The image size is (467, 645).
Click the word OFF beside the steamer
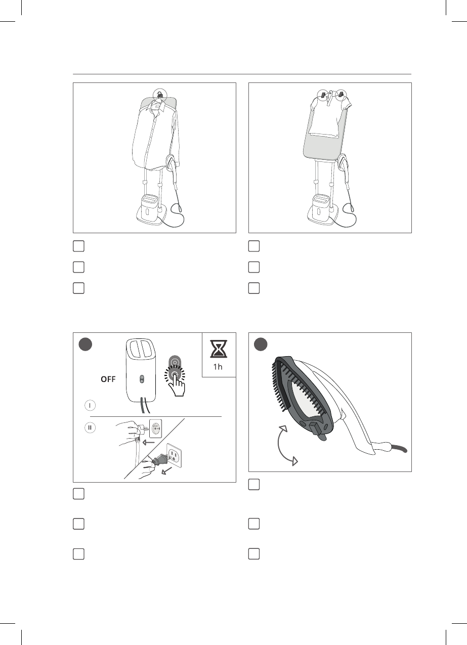click(x=108, y=379)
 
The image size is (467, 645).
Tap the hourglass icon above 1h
click(x=219, y=349)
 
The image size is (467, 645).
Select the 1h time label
click(x=218, y=367)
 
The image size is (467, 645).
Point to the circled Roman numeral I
click(x=90, y=405)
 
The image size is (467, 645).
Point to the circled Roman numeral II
click(x=90, y=427)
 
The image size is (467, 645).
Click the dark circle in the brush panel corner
click(x=261, y=345)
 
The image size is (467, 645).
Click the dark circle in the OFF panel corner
click(x=85, y=345)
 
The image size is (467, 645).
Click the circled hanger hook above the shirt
click(x=159, y=94)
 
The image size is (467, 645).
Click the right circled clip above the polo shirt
click(x=341, y=94)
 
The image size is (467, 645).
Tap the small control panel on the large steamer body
click(x=141, y=379)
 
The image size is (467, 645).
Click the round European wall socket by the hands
click(x=155, y=428)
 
